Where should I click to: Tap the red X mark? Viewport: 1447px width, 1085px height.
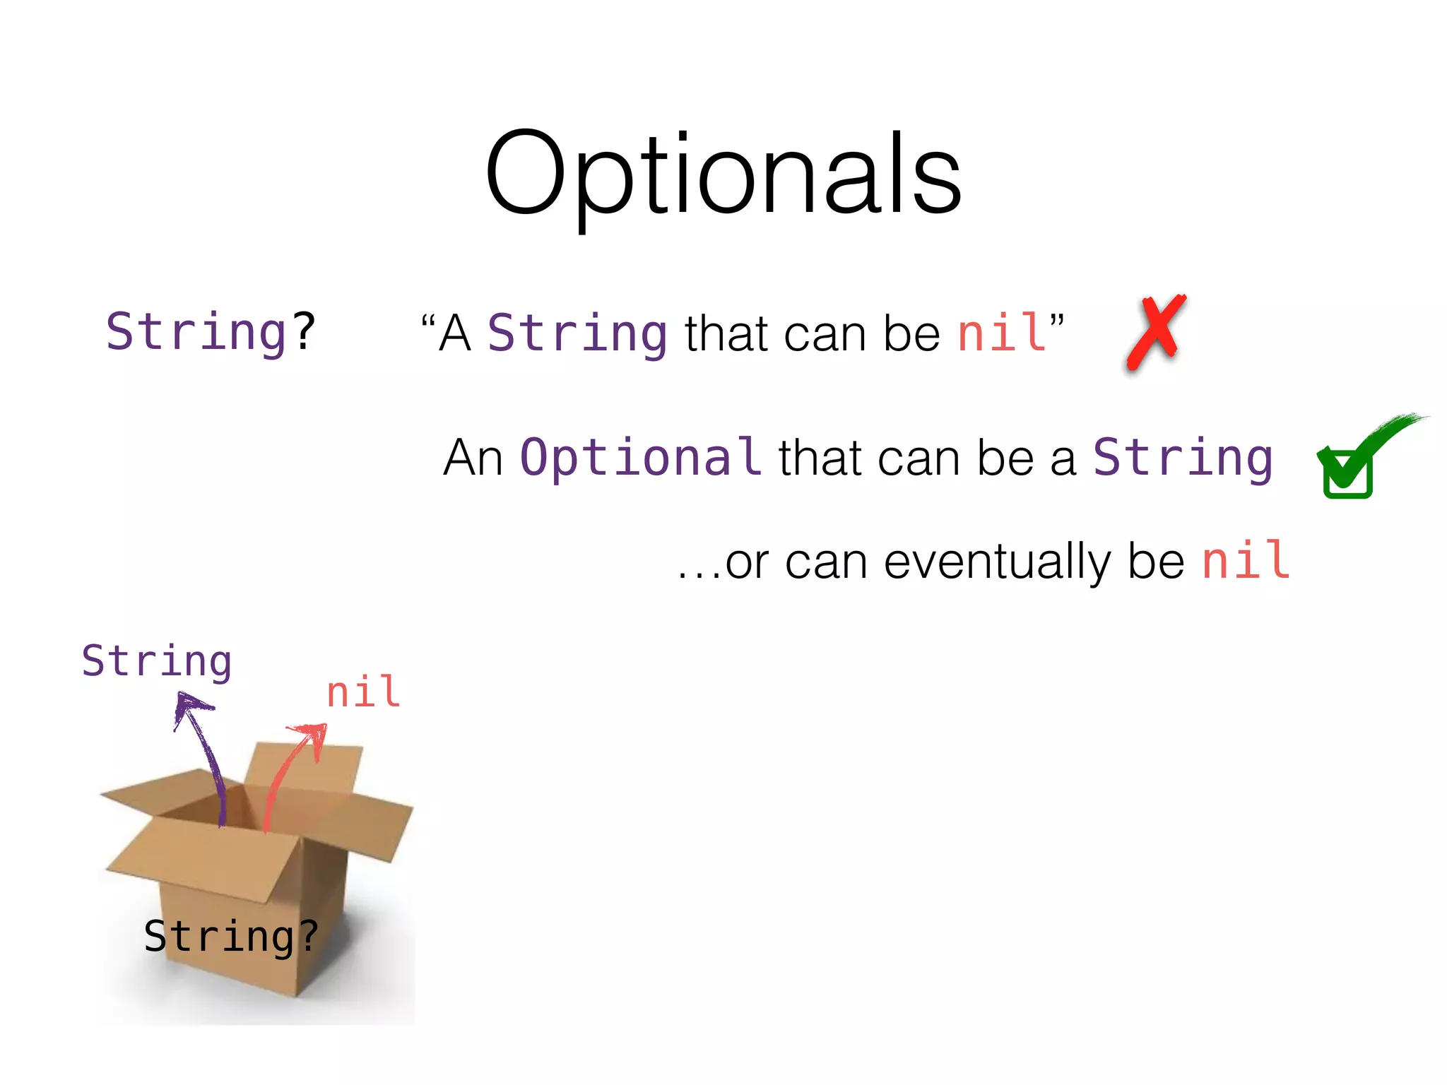[x=1156, y=332]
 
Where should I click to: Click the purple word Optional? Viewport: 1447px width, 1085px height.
[x=640, y=457]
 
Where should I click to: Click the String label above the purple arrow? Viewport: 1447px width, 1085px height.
[x=156, y=661]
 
